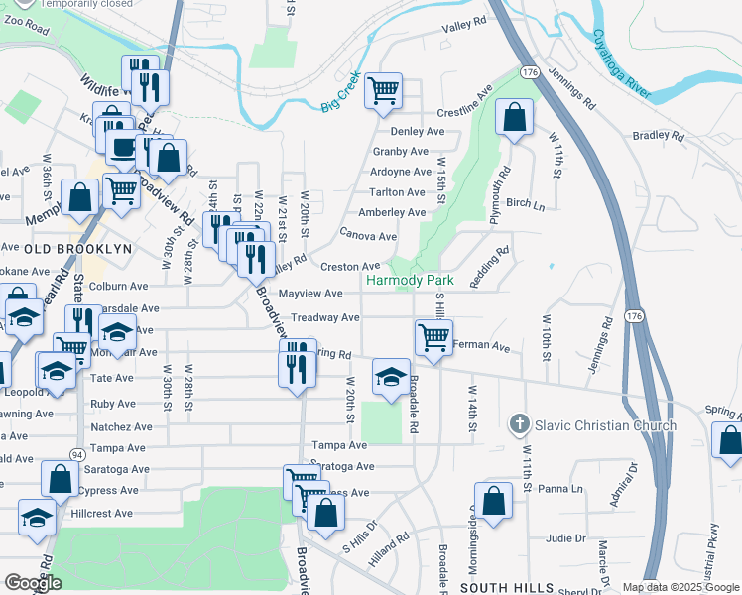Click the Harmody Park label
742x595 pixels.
pos(410,281)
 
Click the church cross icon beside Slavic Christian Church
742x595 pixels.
pos(517,425)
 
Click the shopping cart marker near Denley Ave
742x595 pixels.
pos(383,92)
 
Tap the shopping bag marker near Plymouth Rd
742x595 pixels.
pos(514,118)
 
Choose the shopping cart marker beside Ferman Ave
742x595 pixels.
pos(433,338)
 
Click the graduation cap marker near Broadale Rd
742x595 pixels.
pos(391,377)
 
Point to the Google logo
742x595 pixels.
pos(33,583)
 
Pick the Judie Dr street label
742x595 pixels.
pos(565,538)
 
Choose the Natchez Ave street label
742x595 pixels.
pos(121,426)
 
